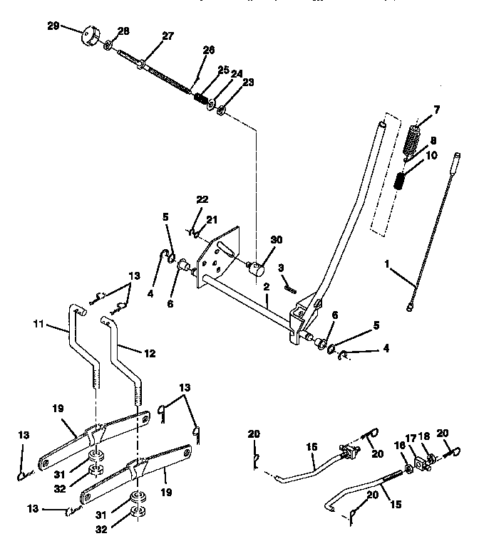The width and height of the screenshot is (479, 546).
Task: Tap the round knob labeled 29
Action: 91,36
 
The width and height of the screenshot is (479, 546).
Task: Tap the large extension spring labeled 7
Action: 413,139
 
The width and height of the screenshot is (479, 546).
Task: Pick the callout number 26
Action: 208,50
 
